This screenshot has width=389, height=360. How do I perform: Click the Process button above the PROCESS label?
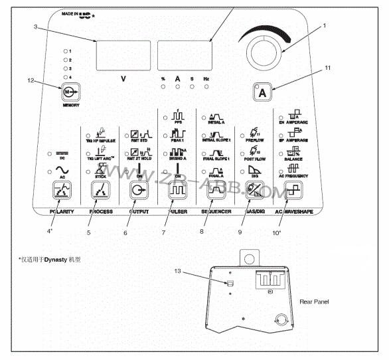tap(100, 192)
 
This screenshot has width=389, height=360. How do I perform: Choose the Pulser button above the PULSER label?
tap(177, 192)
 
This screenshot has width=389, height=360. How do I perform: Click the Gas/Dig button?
tap(255, 192)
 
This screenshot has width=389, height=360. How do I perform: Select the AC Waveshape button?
tap(293, 192)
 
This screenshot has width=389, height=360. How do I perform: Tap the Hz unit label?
tap(207, 79)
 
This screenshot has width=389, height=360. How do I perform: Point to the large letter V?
tap(123, 79)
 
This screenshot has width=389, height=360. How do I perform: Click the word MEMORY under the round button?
tap(70, 105)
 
